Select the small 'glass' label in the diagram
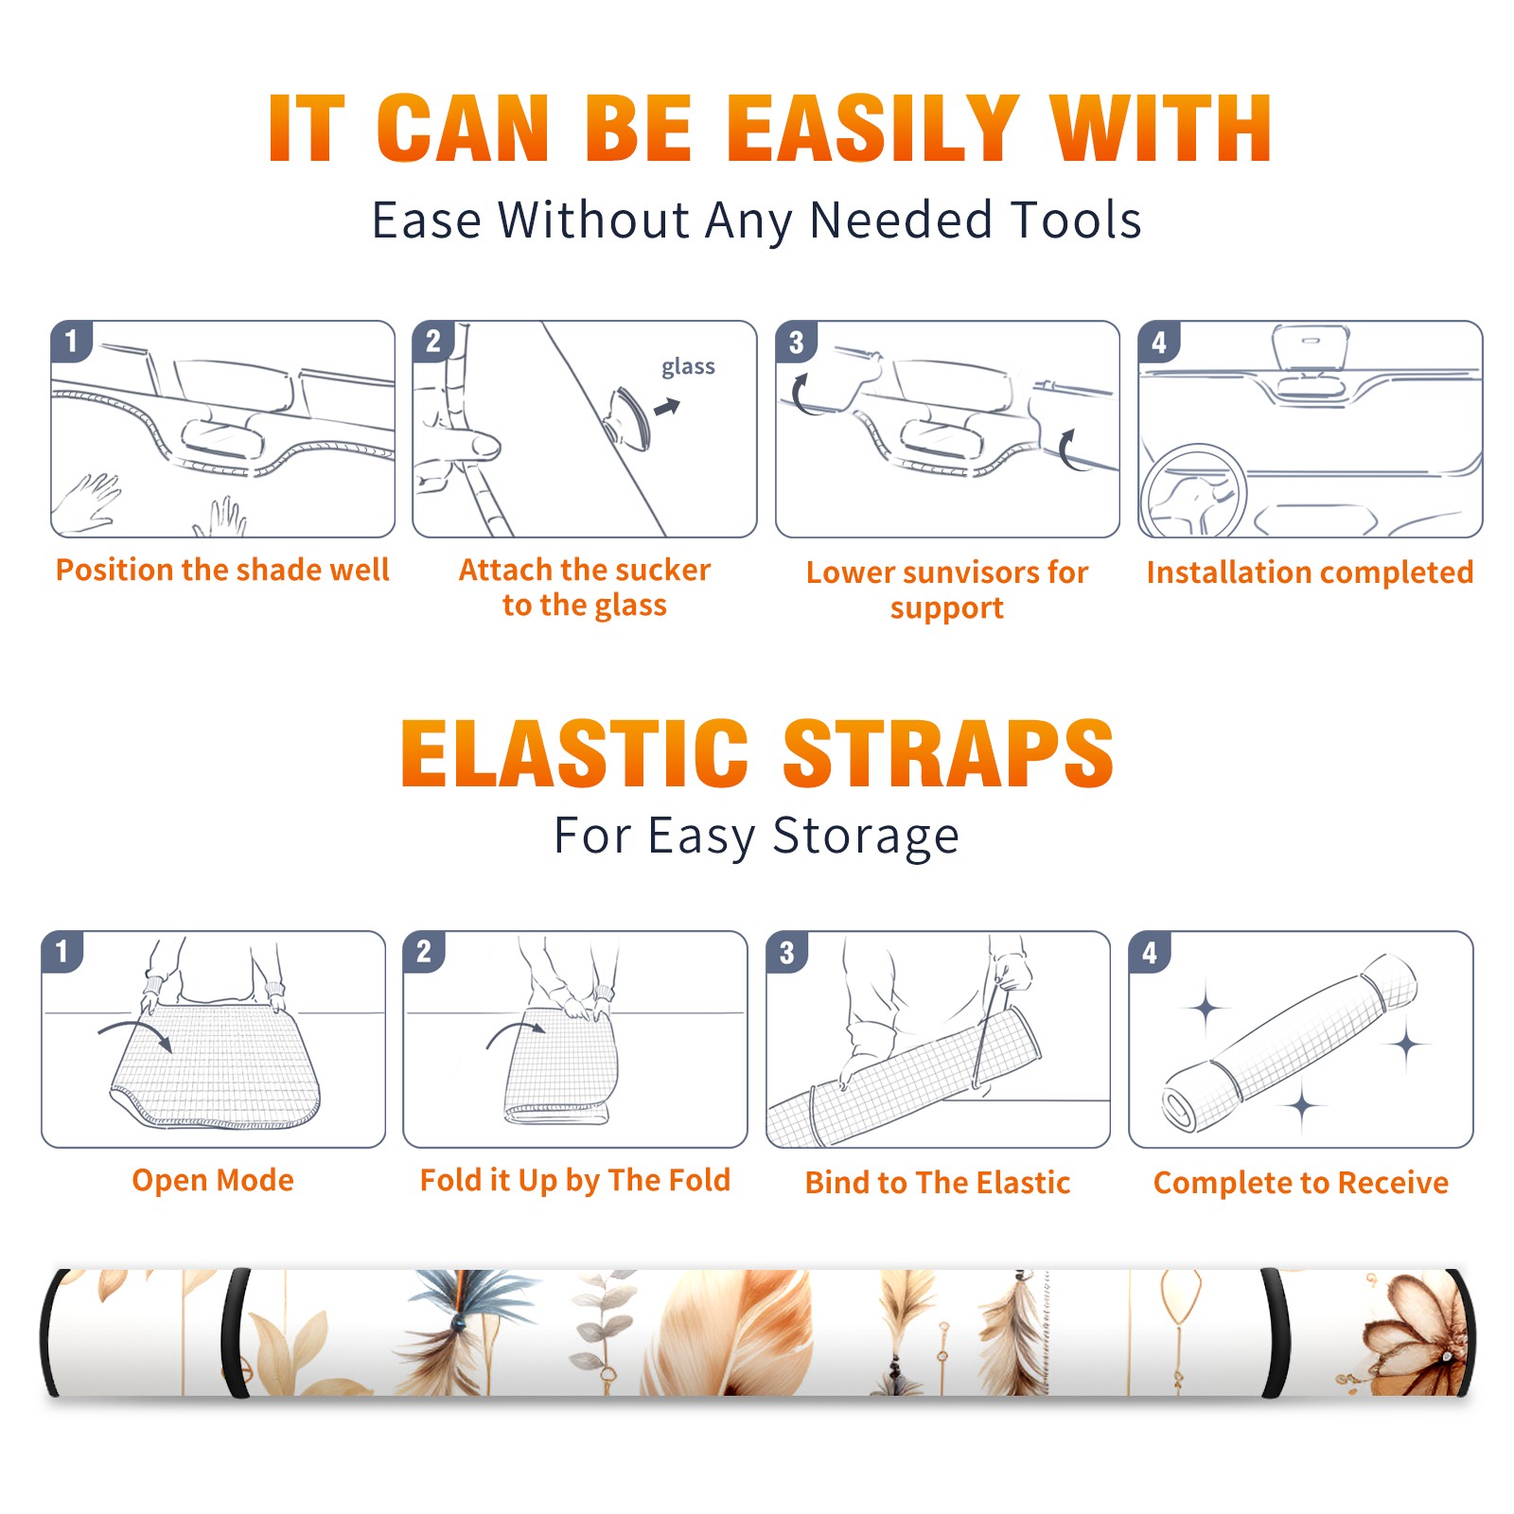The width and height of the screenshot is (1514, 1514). coord(688,367)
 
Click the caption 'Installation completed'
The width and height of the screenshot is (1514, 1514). coord(1310,572)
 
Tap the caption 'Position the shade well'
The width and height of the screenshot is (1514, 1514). coord(222,570)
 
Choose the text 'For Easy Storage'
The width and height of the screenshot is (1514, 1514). coord(757,836)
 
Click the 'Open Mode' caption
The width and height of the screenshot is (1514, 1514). coord(213,1180)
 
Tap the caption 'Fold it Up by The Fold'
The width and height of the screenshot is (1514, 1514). coord(575,1180)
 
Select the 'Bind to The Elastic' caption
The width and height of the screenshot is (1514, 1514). coord(938,1183)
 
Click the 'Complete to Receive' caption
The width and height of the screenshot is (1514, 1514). coord(1301,1183)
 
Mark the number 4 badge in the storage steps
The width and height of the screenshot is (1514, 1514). coord(1150,952)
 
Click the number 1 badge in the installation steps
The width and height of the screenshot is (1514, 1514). coord(71,341)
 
